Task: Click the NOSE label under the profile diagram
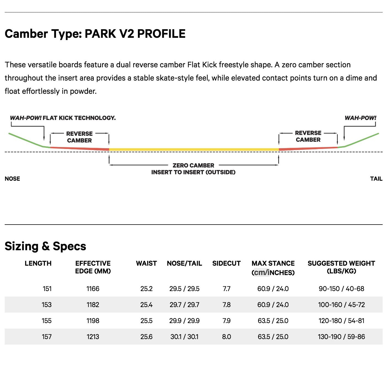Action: [x=12, y=179]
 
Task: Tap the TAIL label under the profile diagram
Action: [x=376, y=179]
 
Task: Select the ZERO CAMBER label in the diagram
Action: [x=193, y=166]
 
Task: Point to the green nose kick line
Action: [x=26, y=140]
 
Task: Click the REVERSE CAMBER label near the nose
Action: [x=79, y=137]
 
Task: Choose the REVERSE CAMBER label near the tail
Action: [x=308, y=136]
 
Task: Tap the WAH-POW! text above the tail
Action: [x=360, y=118]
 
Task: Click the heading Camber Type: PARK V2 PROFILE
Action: [x=95, y=34]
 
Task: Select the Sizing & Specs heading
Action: [x=46, y=246]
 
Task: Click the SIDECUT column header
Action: [x=227, y=263]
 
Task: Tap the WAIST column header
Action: [x=146, y=263]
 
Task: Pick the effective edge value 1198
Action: [x=93, y=321]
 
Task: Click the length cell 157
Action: [x=47, y=337]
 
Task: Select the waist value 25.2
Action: [x=146, y=289]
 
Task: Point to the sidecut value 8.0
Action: [x=227, y=337]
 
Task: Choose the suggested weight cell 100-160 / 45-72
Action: [x=341, y=305]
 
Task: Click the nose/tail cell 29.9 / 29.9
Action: [x=184, y=321]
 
